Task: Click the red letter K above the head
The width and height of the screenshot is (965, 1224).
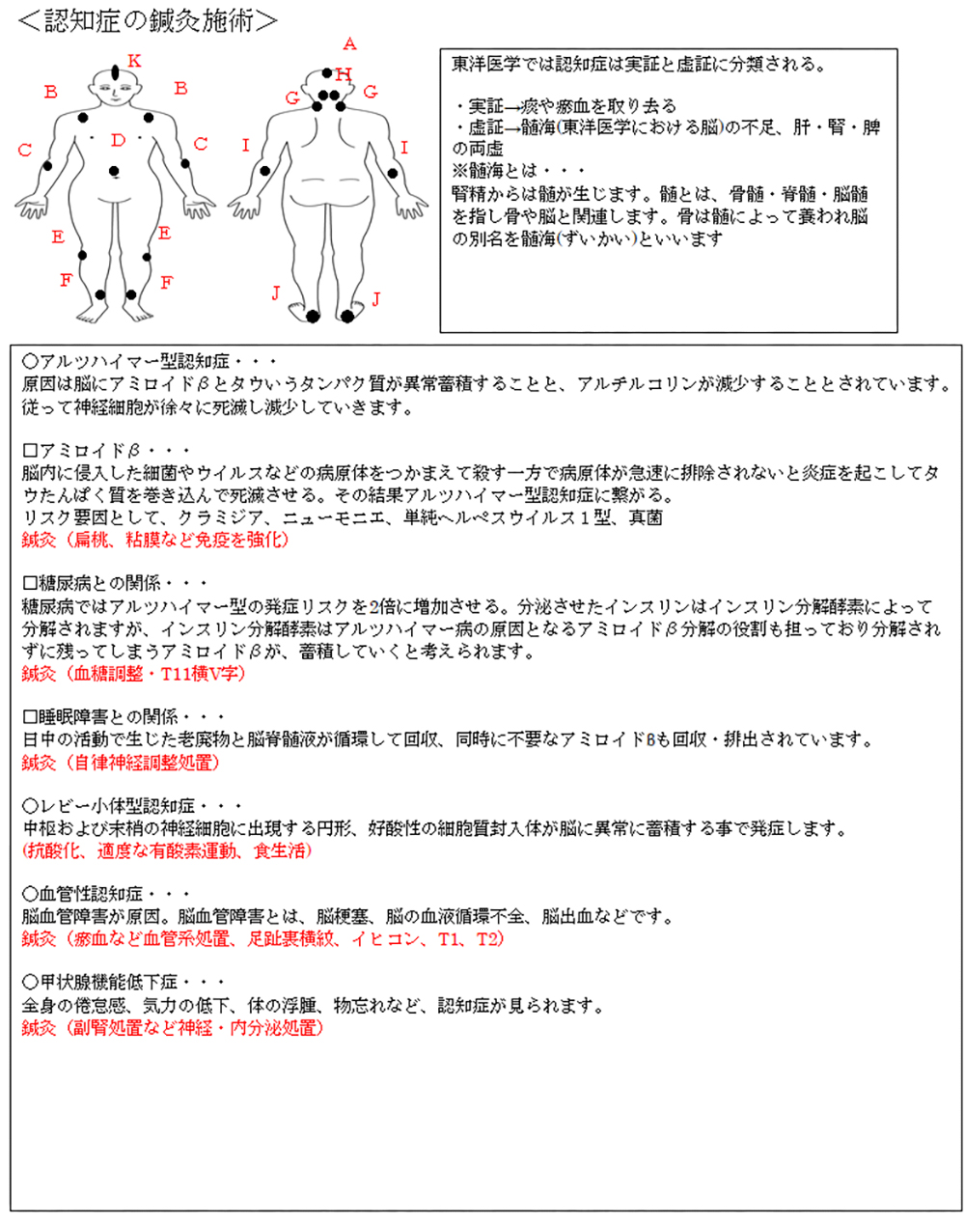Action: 134,62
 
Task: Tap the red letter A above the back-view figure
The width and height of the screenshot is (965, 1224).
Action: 349,43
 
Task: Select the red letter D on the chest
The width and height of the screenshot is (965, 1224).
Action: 118,141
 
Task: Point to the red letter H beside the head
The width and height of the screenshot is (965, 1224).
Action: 345,74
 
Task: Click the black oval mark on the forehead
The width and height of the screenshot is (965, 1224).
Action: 116,72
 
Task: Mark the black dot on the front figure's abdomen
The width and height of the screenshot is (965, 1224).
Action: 115,172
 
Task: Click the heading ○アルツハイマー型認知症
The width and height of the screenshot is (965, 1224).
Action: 125,362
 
